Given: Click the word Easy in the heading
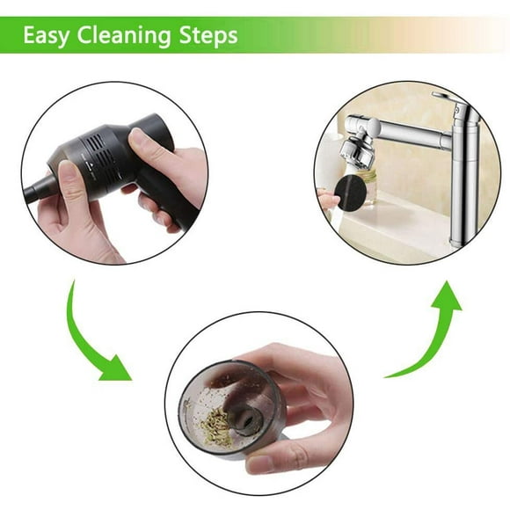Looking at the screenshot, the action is [x=46, y=35].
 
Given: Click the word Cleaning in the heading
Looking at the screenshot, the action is [x=124, y=35].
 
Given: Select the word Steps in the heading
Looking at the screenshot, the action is [x=208, y=35].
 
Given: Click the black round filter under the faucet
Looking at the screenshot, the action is [x=351, y=193].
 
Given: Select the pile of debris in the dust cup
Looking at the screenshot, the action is [x=217, y=426].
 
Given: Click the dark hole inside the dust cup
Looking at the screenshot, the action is [x=248, y=421].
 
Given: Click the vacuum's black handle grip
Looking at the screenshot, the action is [x=169, y=195].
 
